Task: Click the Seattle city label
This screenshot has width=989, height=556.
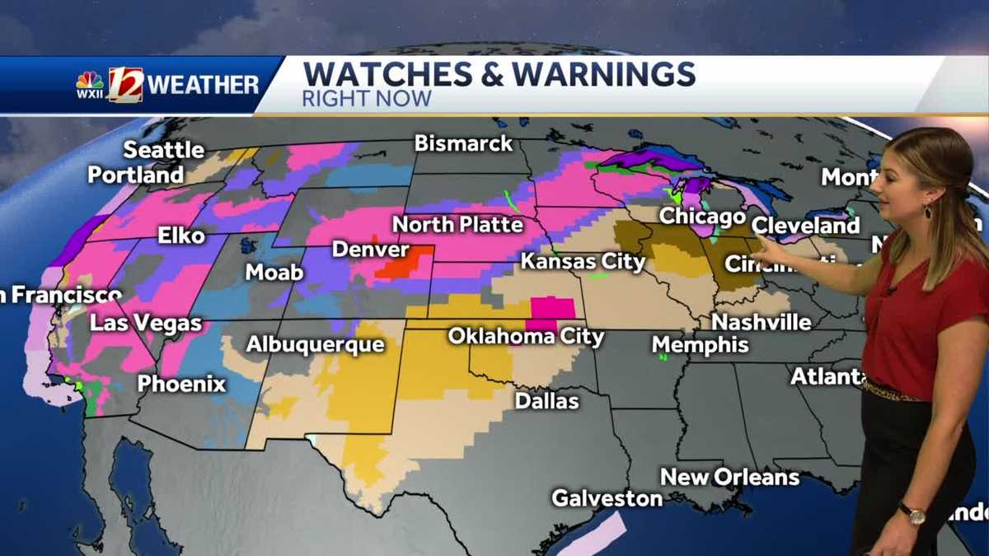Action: tap(164, 150)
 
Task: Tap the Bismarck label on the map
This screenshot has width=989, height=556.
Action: tap(463, 143)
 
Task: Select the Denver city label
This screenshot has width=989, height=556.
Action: tap(371, 249)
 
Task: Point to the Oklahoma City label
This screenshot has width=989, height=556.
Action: tap(526, 337)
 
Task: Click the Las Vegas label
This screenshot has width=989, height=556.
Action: tap(146, 324)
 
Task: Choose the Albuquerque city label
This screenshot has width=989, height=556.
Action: tap(316, 344)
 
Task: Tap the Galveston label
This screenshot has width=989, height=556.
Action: tap(607, 498)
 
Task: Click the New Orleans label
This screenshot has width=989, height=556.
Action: tap(729, 477)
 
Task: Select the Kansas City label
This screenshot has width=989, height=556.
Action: tap(583, 262)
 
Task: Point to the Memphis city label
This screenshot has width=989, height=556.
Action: tap(701, 344)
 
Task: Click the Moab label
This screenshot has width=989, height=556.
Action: tap(274, 272)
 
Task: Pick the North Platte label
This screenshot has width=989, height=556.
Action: tap(457, 224)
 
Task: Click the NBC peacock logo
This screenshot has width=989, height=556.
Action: tap(90, 80)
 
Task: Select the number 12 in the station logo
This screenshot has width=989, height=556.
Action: tap(125, 85)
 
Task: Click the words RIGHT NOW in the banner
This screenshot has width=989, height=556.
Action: tap(367, 100)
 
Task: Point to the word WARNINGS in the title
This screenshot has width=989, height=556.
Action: tap(603, 75)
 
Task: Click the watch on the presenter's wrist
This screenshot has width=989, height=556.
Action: tap(912, 514)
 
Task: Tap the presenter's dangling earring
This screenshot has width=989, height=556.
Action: tap(928, 211)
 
